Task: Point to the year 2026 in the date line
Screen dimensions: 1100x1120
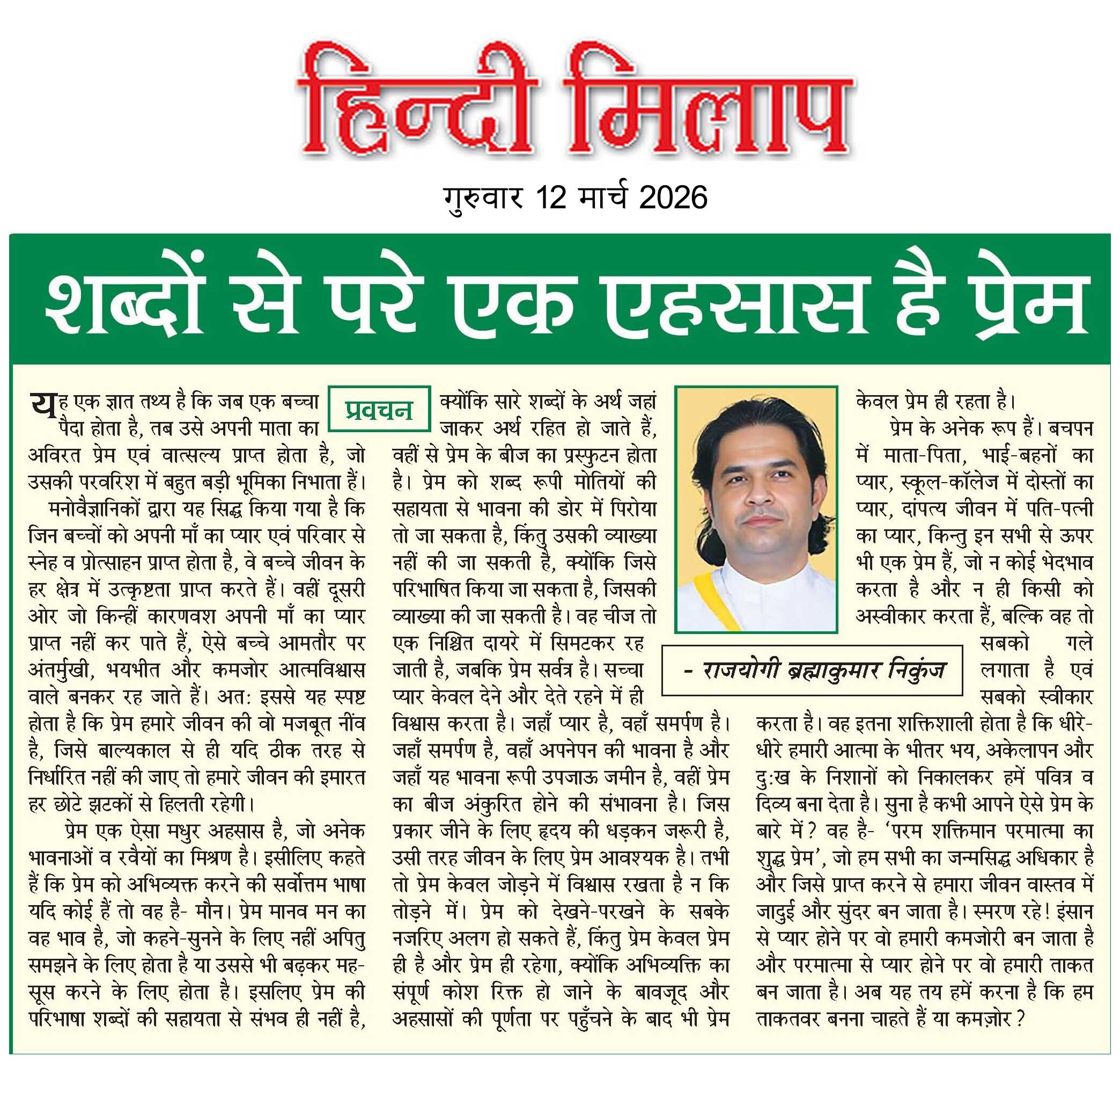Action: [x=673, y=198]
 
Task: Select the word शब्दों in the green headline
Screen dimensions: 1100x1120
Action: [x=123, y=303]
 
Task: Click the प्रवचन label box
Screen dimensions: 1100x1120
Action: [x=379, y=409]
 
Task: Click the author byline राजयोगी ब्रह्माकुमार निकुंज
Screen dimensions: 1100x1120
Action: [x=813, y=670]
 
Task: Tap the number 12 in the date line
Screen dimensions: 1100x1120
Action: [x=551, y=198]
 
